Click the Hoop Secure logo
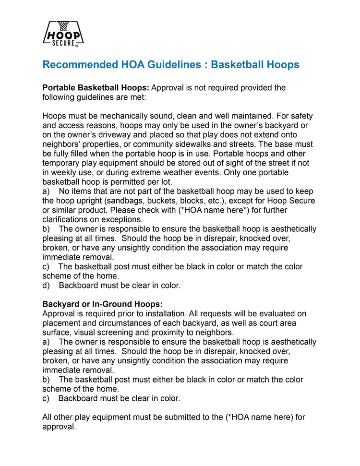64,34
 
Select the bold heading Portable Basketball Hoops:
96,88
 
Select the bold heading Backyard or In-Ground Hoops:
102,304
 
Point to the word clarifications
65,219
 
